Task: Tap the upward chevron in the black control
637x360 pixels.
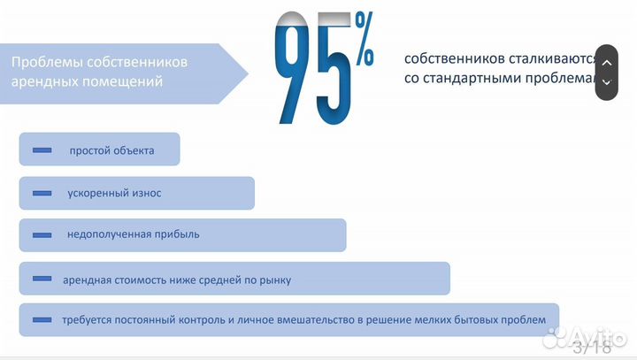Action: tap(606, 62)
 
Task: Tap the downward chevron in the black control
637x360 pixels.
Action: tap(606, 82)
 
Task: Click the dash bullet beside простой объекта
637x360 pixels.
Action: tap(42, 150)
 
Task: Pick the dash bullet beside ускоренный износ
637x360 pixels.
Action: tap(42, 193)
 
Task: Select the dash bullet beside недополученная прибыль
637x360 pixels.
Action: tap(42, 235)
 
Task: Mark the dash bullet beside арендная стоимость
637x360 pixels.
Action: tap(42, 280)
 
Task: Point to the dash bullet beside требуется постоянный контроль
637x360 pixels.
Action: tap(42, 320)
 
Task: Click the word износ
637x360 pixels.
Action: tap(145, 193)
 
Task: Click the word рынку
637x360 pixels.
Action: tap(274, 280)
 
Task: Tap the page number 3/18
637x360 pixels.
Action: tap(594, 347)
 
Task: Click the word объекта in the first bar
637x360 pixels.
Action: tap(134, 150)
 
